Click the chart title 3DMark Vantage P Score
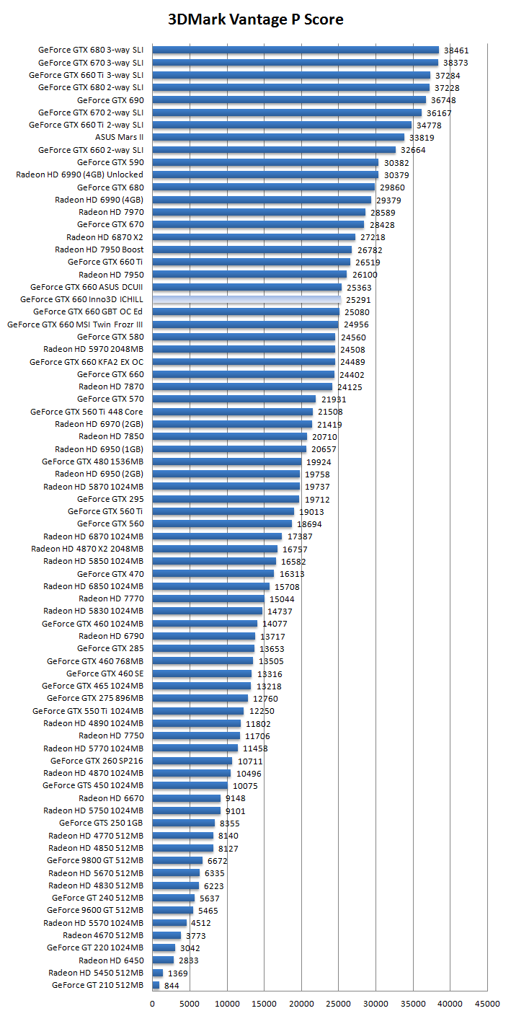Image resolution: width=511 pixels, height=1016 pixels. pyautogui.click(x=255, y=19)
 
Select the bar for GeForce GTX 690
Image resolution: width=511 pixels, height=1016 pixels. pyautogui.click(x=288, y=100)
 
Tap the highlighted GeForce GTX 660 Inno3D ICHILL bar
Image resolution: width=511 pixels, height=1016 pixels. pyautogui.click(x=246, y=299)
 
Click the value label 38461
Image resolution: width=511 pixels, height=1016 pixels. pyautogui.click(x=456, y=50)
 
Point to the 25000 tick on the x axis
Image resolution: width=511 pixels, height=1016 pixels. pyautogui.click(x=338, y=1003)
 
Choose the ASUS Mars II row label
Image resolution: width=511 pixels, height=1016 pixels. pyautogui.click(x=119, y=137)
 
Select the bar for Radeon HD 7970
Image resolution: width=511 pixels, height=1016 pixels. pyautogui.click(x=259, y=212)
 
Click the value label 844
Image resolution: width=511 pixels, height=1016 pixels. pyautogui.click(x=172, y=985)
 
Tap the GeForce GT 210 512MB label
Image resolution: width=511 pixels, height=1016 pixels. pyautogui.click(x=97, y=985)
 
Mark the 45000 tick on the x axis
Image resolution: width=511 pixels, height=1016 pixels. pyautogui.click(x=487, y=1003)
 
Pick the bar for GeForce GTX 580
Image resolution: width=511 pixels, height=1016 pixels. pyautogui.click(x=244, y=337)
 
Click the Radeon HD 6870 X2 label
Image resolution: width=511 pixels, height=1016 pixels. pyautogui.click(x=105, y=237)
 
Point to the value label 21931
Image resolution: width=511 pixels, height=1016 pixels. pyautogui.click(x=332, y=399)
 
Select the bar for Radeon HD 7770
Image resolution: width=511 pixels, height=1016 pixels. pyautogui.click(x=208, y=598)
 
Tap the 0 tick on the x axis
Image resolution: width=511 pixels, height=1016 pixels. pyautogui.click(x=152, y=1003)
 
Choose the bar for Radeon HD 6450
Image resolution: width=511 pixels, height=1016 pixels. pyautogui.click(x=163, y=960)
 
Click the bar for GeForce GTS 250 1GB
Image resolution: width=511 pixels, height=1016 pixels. pyautogui.click(x=183, y=823)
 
